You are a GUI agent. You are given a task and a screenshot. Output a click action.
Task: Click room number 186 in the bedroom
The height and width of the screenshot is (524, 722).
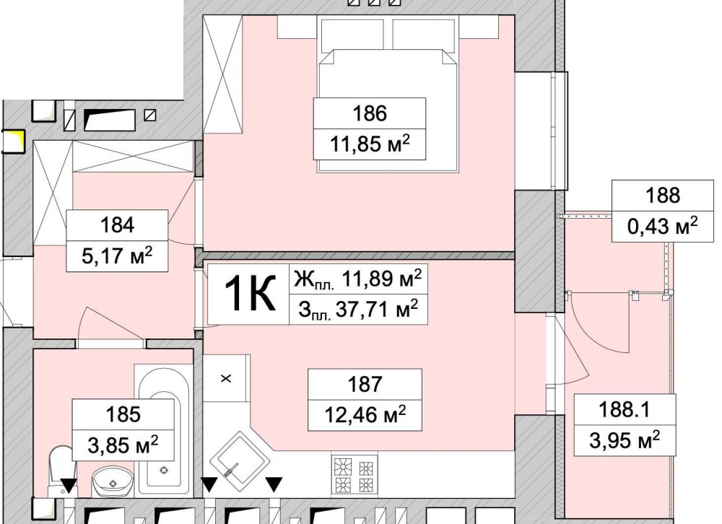click(x=369, y=113)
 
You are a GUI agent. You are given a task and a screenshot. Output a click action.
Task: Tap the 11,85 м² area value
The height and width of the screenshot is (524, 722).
click(x=369, y=144)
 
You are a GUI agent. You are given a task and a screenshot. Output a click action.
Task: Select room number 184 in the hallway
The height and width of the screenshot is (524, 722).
click(x=118, y=225)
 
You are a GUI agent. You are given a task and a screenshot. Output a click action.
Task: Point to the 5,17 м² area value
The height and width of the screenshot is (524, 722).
click(x=117, y=256)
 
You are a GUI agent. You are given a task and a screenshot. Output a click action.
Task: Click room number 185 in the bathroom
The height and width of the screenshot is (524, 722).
click(x=123, y=414)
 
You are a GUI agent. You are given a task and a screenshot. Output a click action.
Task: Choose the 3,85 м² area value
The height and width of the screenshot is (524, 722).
click(x=123, y=445)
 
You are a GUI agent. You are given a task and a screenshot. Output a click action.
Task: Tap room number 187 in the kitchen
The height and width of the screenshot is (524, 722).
click(x=365, y=384)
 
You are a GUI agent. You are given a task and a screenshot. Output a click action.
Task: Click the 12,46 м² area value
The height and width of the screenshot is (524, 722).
click(x=365, y=414)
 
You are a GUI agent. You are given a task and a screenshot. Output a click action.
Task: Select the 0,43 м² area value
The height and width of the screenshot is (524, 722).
click(x=663, y=226)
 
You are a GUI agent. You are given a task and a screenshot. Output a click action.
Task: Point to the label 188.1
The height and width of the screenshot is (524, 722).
click(x=624, y=409)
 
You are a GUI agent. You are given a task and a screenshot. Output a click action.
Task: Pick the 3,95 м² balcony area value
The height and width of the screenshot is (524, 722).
click(x=625, y=440)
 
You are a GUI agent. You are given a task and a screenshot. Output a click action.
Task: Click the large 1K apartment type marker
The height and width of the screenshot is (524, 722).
click(x=249, y=293)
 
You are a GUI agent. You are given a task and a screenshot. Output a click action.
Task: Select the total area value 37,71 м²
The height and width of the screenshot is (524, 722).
click(x=358, y=310)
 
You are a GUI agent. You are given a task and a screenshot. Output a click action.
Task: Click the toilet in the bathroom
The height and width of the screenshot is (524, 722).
click(x=62, y=471)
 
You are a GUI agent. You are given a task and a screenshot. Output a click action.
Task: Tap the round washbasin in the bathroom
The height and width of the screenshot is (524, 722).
click(x=113, y=481)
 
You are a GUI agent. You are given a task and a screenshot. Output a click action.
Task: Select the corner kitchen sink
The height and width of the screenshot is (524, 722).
click(x=240, y=457)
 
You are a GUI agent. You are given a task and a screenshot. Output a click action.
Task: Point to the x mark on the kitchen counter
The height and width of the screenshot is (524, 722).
click(x=226, y=378)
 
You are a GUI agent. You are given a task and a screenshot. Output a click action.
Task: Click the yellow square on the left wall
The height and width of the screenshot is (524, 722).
click(x=14, y=141)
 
